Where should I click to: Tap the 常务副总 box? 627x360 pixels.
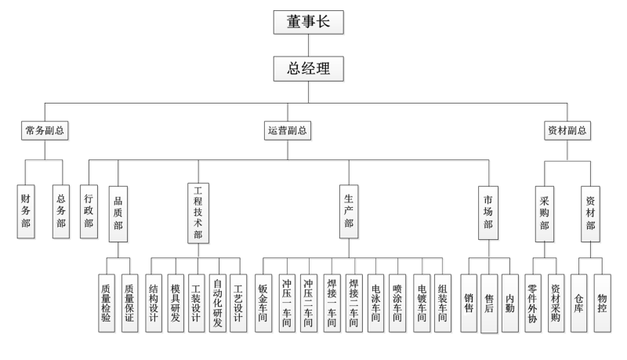pyautogui.click(x=44, y=131)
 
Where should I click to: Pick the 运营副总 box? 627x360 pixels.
pyautogui.click(x=285, y=131)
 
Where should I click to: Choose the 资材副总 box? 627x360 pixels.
pyautogui.click(x=566, y=131)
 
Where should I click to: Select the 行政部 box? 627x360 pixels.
pyautogui.click(x=89, y=212)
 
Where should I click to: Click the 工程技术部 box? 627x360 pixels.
pyautogui.click(x=198, y=212)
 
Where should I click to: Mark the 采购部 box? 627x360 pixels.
pyautogui.click(x=545, y=212)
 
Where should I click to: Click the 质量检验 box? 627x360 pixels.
pyautogui.click(x=107, y=303)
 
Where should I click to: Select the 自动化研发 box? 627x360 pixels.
pyautogui.click(x=217, y=303)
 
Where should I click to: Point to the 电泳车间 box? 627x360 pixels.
pyautogui.click(x=376, y=303)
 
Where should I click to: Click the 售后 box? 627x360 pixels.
pyautogui.click(x=490, y=303)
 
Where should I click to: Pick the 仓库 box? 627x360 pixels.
pyautogui.click(x=580, y=303)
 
